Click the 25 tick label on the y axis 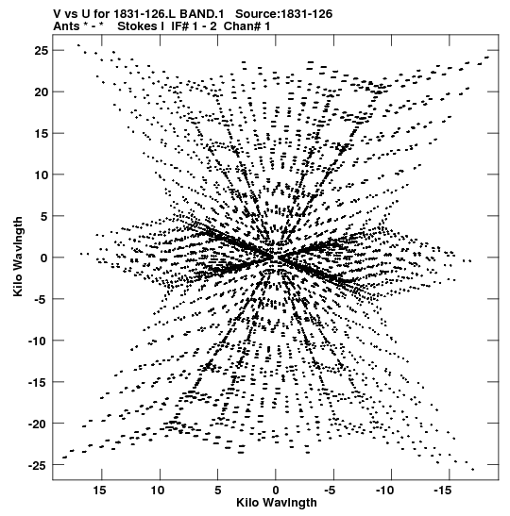coord(42,50)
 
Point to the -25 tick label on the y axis coord(39,465)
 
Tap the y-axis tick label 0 coord(44,258)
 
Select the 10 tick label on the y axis coord(42,175)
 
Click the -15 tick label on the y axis coord(39,382)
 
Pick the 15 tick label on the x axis coord(99,491)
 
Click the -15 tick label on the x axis coord(442,491)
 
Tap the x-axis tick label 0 coord(276,491)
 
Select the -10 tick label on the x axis coord(384,491)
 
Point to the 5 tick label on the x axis coord(218,491)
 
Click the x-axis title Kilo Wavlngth coord(277,503)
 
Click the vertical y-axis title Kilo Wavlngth coord(18,257)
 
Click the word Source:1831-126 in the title coord(284,14)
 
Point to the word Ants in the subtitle coord(66,26)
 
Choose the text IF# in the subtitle coord(179,26)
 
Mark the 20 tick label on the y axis coord(42,92)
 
